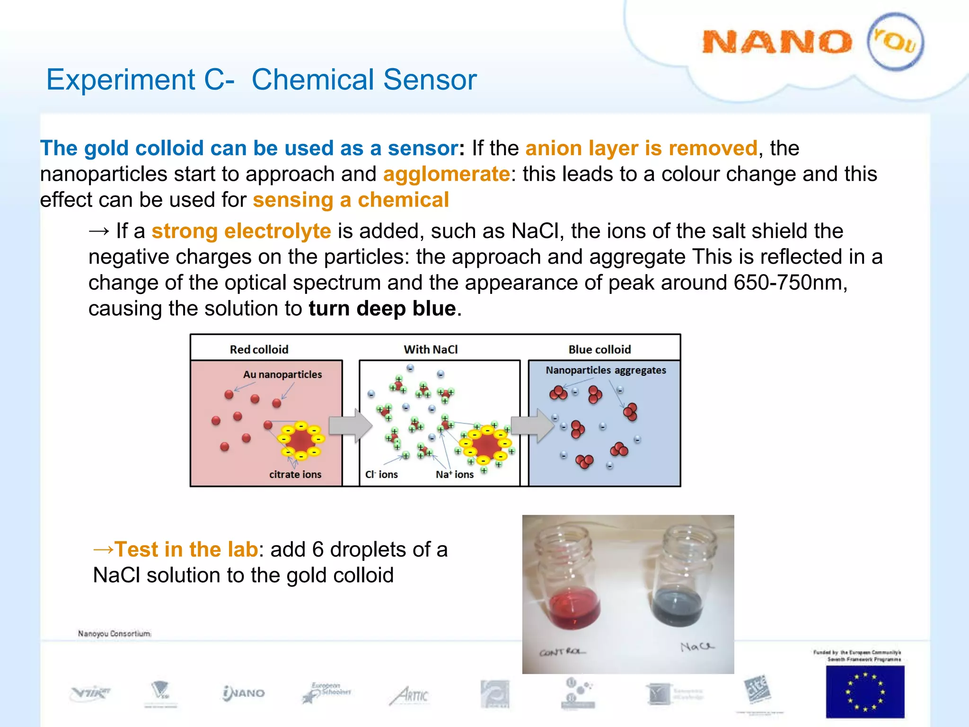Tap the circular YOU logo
[895, 42]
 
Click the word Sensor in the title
[430, 80]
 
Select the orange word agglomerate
[446, 174]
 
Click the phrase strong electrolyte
[241, 231]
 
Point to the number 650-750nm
[790, 283]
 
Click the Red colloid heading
[259, 350]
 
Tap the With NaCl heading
[431, 350]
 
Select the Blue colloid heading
[599, 350]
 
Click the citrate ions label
[295, 474]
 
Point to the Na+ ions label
[454, 474]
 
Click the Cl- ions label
[381, 474]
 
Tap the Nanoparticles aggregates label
[606, 370]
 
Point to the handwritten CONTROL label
[562, 652]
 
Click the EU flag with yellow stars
[865, 692]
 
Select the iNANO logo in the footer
[244, 693]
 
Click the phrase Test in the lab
[186, 550]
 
